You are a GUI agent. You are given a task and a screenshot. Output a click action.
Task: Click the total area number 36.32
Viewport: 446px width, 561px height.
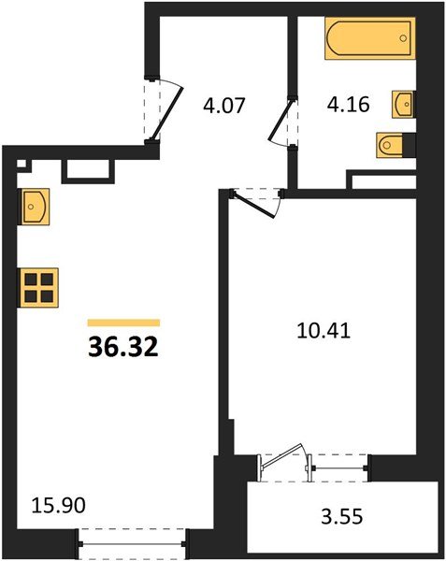[x=122, y=348]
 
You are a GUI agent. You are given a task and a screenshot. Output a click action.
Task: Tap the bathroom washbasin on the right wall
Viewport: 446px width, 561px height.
[x=403, y=103]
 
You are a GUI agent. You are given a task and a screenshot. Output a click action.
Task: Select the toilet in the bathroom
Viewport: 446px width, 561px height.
[x=392, y=145]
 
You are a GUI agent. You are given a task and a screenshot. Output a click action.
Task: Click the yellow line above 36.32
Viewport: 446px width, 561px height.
[x=122, y=322]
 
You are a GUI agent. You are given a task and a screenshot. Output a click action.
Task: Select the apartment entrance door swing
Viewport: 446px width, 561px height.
[x=164, y=108]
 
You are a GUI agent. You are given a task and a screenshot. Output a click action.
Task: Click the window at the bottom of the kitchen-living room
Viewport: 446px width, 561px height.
[x=133, y=540]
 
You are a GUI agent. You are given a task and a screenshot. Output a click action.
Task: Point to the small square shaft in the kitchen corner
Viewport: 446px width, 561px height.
[x=23, y=166]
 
